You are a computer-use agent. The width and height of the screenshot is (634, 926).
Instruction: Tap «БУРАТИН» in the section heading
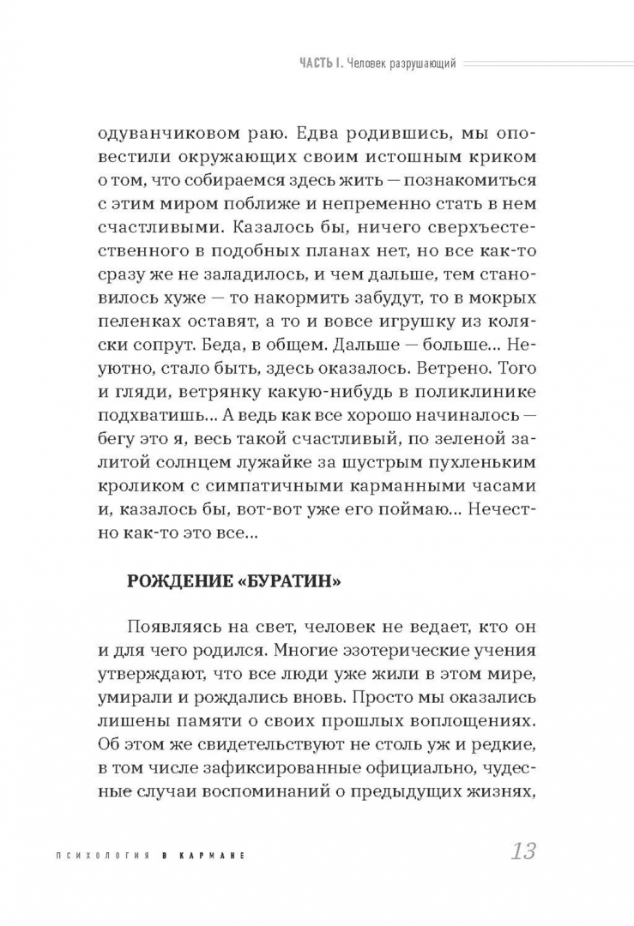coord(287,580)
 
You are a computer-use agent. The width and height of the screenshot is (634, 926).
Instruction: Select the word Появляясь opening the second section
coord(172,628)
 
